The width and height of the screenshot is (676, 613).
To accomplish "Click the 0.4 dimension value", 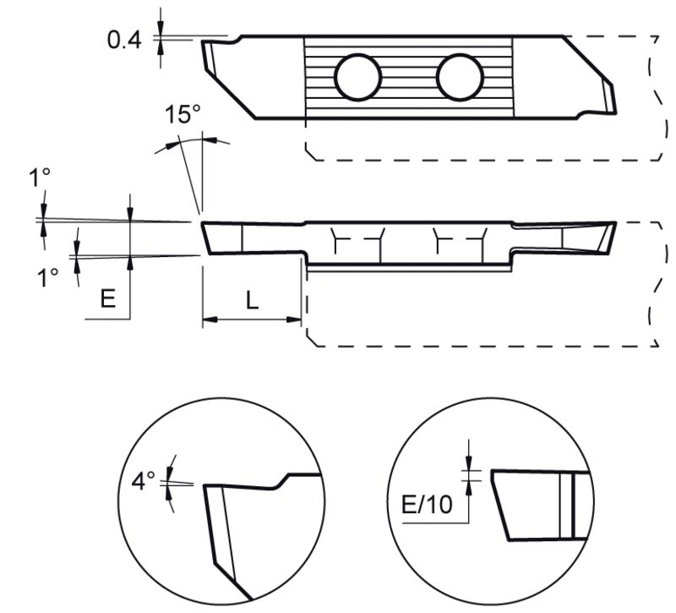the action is click(x=124, y=40).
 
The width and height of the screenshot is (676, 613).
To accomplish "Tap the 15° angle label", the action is click(x=183, y=114).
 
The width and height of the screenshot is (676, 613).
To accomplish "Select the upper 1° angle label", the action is click(x=40, y=178).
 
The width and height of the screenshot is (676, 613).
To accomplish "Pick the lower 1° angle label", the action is click(x=47, y=277).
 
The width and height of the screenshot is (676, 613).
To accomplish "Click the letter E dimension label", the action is click(x=108, y=298).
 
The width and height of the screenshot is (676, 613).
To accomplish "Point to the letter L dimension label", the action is click(x=252, y=300).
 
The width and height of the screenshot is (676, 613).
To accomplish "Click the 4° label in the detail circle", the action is click(x=143, y=480).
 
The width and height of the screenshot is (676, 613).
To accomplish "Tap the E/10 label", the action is click(x=427, y=504).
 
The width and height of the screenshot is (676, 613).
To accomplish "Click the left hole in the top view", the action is click(x=357, y=77).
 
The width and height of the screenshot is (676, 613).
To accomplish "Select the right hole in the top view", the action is click(x=460, y=77).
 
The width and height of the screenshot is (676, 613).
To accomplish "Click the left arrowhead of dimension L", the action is click(x=210, y=320).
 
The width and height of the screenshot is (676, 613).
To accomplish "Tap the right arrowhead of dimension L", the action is click(x=293, y=320).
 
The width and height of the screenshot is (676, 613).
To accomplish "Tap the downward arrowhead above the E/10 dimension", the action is click(x=469, y=462).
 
